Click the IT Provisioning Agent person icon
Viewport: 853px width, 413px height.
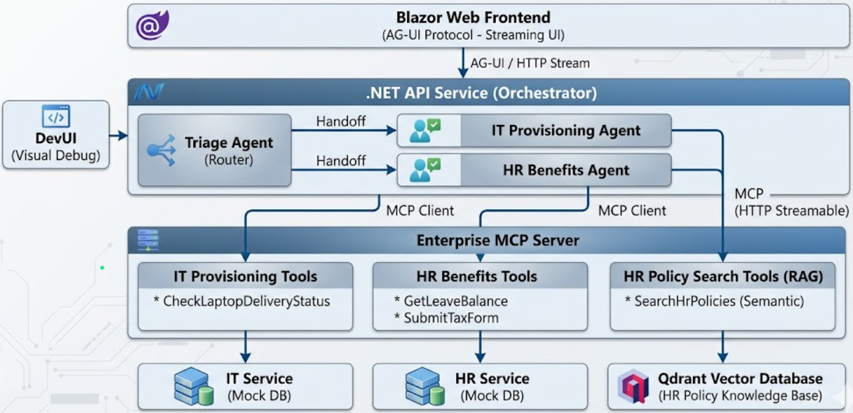tap(425, 131)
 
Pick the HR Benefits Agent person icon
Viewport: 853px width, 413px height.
tap(425, 170)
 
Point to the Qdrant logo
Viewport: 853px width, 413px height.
tap(633, 387)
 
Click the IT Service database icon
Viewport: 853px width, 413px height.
tap(194, 387)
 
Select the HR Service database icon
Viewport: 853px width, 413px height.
tap(425, 387)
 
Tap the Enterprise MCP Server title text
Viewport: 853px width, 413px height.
tap(498, 240)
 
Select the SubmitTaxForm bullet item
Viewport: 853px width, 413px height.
tap(446, 318)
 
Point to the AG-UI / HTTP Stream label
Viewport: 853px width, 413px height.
tap(530, 64)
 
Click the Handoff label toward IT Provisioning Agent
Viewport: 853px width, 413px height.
tap(341, 122)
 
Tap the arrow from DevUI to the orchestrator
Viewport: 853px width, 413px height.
tap(119, 136)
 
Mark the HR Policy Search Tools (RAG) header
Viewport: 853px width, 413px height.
tap(723, 276)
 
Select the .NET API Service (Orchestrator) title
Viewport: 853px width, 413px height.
tap(481, 93)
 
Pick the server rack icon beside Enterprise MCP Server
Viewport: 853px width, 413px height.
tap(148, 240)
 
